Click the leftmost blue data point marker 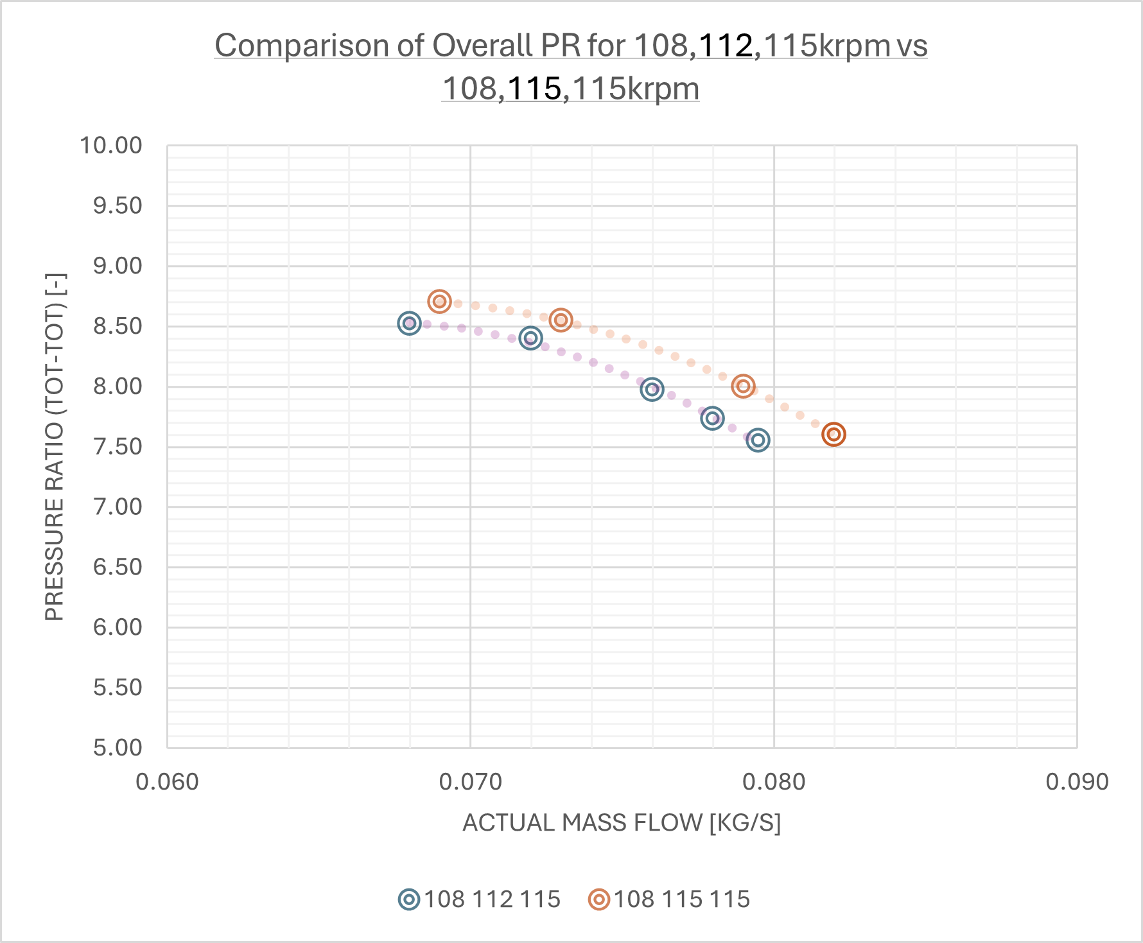(409, 323)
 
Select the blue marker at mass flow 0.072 (530, 338)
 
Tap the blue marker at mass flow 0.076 (652, 389)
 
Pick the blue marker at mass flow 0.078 (712, 419)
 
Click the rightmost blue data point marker (758, 440)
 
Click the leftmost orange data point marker (439, 301)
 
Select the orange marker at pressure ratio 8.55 (561, 320)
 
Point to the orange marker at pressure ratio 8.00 (743, 386)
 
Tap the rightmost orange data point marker (833, 434)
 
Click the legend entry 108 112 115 (479, 899)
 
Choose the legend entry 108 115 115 (669, 899)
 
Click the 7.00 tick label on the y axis (118, 507)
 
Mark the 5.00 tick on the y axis (118, 748)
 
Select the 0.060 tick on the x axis (168, 782)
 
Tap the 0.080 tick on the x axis (774, 782)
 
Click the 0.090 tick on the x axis (1077, 782)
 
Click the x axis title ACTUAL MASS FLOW (621, 823)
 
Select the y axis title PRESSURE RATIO (55, 447)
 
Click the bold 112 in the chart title (726, 46)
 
